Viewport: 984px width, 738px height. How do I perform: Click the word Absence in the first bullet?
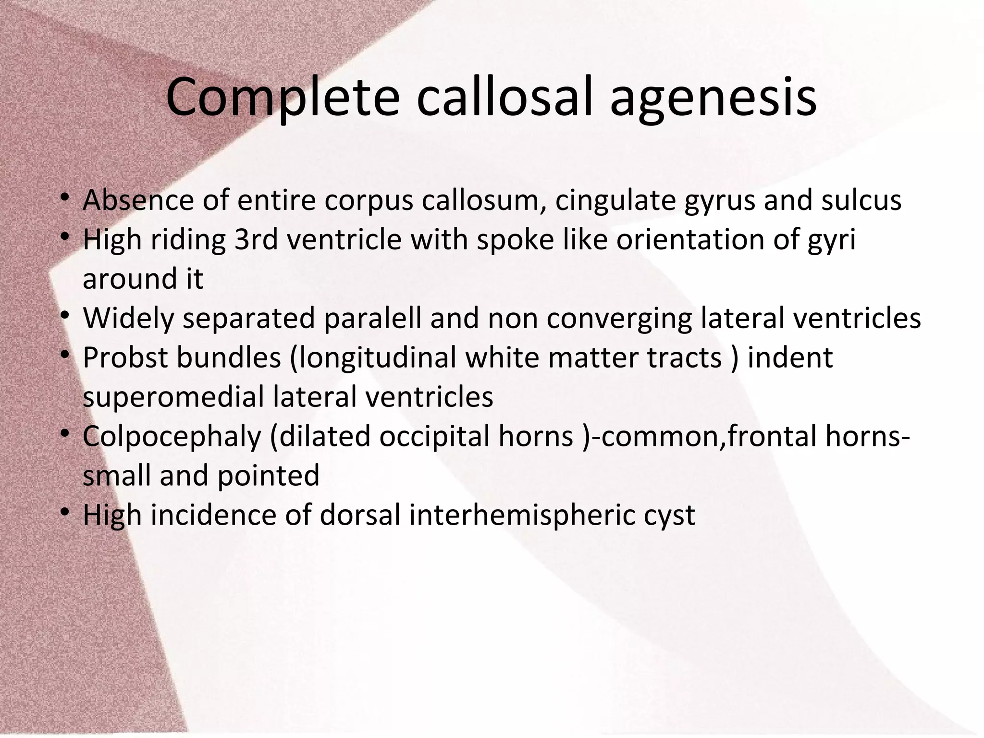tap(138, 200)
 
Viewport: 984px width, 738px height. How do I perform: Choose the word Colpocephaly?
tap(172, 437)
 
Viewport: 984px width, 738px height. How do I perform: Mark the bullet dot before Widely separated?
tap(65, 316)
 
